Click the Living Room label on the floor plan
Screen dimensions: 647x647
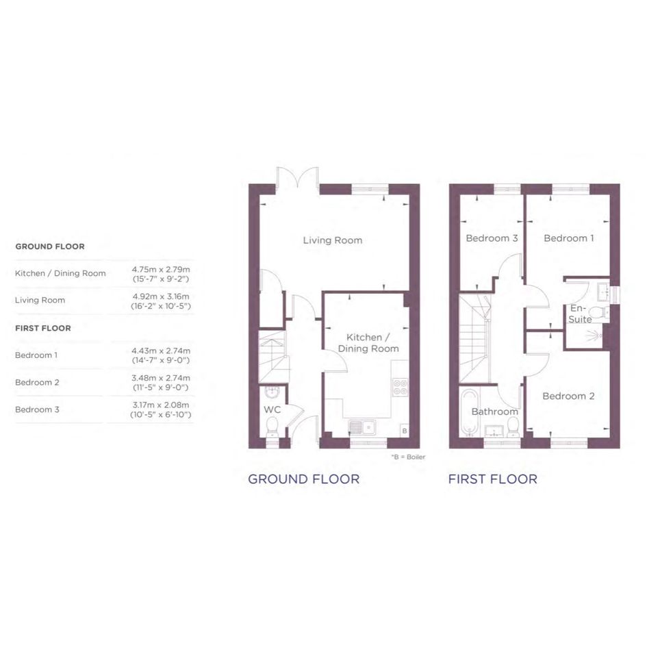coord(333,240)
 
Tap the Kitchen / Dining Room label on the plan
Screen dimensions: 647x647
coord(368,343)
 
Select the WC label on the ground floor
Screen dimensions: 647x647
coord(272,409)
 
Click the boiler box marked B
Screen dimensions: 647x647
coord(405,431)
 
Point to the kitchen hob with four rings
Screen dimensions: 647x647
coord(401,388)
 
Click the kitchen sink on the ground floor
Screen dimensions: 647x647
coord(362,427)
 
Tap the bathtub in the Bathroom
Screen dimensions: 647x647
coord(469,412)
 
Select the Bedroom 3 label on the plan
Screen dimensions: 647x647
coord(492,238)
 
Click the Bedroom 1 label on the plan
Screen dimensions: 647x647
coord(568,238)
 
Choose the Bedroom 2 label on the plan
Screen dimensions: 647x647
coord(568,396)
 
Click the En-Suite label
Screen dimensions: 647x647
coord(580,314)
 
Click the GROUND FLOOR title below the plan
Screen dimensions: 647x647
coord(304,479)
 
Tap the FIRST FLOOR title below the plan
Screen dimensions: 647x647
coord(493,479)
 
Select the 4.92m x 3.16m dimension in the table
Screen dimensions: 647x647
coord(161,296)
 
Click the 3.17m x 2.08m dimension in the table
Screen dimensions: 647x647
coord(161,405)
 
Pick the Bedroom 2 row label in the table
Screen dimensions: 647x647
coord(37,383)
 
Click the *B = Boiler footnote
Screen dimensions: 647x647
coord(408,457)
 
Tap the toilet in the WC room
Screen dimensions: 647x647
coord(272,427)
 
